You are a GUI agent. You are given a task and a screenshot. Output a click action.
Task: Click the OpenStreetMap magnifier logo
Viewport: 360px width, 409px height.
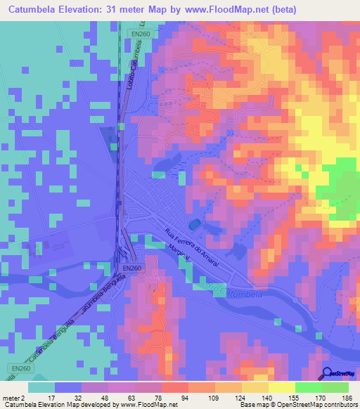327,375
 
